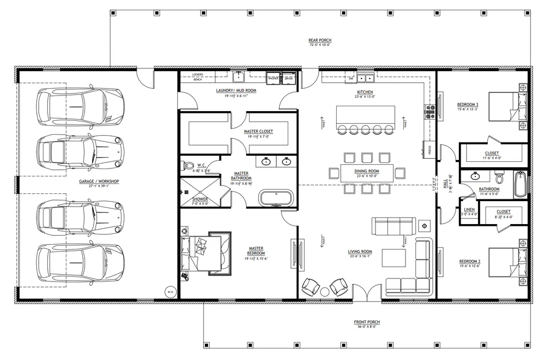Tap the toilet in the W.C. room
189,166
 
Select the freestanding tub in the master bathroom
276,198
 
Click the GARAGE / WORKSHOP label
99,182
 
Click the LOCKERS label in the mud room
197,74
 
